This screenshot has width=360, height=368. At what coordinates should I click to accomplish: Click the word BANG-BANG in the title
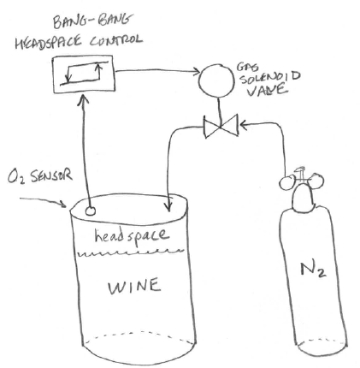click(x=92, y=21)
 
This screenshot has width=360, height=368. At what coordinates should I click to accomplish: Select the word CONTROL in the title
click(x=115, y=40)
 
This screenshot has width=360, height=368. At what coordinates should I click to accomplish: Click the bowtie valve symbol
click(x=221, y=126)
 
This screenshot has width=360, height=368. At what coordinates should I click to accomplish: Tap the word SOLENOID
click(x=269, y=77)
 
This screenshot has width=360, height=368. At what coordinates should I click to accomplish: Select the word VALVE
click(x=266, y=90)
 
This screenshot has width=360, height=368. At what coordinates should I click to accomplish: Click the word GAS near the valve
click(x=247, y=67)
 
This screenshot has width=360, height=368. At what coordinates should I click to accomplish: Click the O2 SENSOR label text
click(x=40, y=177)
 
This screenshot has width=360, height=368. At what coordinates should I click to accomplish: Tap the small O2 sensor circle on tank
click(x=91, y=211)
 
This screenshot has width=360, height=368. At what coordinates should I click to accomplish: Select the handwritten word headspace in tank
click(x=132, y=236)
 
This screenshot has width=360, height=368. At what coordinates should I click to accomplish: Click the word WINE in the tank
click(x=134, y=286)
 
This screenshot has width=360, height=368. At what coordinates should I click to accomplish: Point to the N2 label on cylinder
click(x=313, y=269)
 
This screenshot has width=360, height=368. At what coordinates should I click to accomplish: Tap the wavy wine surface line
click(x=131, y=252)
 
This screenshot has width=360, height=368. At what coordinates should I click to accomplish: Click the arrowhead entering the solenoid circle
click(x=196, y=72)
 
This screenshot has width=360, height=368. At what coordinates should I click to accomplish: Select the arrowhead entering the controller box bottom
click(x=84, y=98)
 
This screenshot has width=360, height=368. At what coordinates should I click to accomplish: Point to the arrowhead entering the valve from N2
click(x=244, y=124)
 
